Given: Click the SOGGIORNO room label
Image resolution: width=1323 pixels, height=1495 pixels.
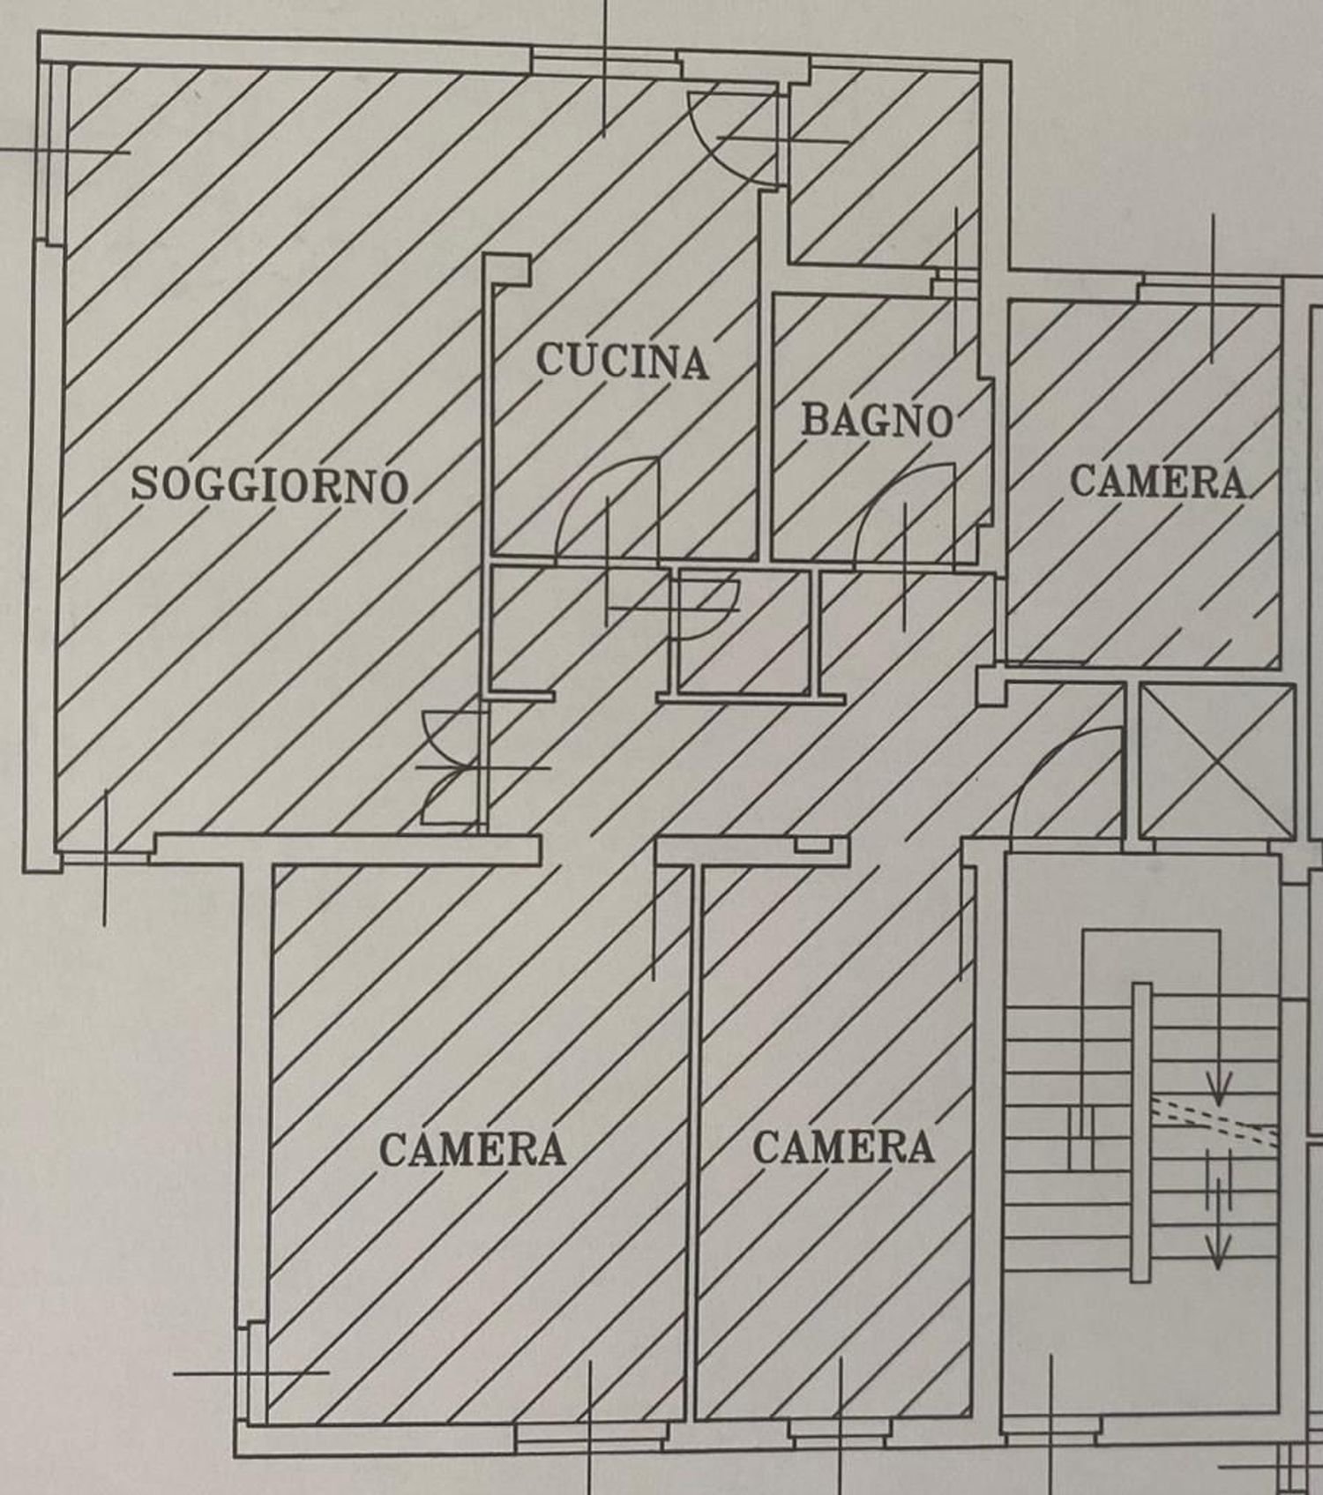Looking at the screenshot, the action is click(270, 484).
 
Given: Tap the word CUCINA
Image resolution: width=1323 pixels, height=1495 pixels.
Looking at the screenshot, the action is click(623, 361).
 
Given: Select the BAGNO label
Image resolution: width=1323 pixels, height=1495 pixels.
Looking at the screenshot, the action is click(878, 420).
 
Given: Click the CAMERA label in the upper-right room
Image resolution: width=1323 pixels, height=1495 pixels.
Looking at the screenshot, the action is click(1158, 482).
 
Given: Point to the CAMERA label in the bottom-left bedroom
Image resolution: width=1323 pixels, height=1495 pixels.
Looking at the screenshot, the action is click(473, 1149).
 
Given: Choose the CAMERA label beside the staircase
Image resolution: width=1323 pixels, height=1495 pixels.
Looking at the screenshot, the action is click(843, 1147).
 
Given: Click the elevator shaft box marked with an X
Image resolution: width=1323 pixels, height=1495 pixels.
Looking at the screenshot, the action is click(1217, 760).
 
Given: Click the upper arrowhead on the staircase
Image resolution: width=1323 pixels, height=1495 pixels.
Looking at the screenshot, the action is click(1218, 1096).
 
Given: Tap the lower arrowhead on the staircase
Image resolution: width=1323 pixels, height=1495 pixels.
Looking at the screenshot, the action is click(1217, 1256).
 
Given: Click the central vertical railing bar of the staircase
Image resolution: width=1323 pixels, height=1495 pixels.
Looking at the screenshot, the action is click(1141, 1132).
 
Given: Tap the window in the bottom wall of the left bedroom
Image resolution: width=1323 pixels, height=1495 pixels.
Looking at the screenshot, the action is click(589, 1440).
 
